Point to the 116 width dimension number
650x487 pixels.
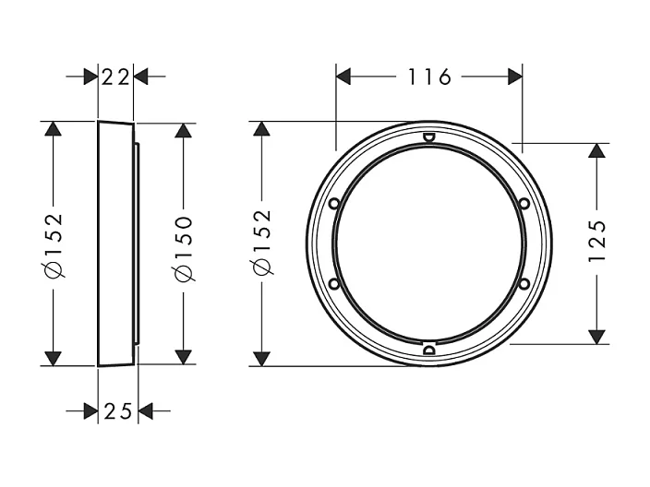point(429,77)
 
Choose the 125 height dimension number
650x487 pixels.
point(597,242)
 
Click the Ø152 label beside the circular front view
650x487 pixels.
point(261,242)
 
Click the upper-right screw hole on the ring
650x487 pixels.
point(524,203)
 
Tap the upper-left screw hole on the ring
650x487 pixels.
point(333,203)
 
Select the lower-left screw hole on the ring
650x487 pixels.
point(333,284)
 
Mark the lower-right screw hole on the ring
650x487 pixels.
point(524,284)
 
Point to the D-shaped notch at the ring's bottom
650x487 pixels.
point(428,349)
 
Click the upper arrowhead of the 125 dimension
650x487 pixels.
point(597,151)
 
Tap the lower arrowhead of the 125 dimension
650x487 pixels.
point(597,335)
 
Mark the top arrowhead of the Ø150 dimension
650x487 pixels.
point(183,131)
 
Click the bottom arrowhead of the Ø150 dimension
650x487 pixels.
point(183,356)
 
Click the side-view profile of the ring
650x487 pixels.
point(116,243)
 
